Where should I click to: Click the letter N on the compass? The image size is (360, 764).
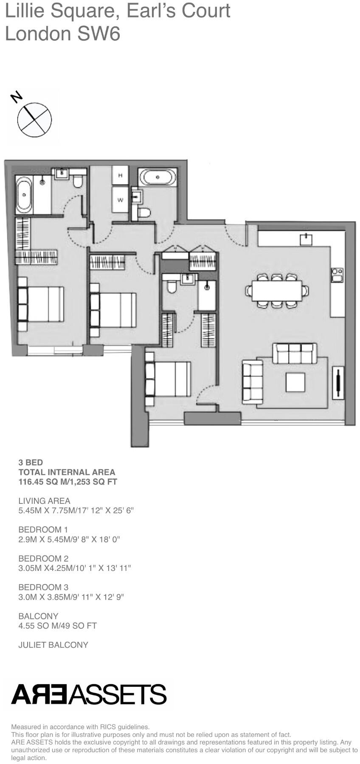coord(17,97)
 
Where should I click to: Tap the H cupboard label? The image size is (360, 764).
coord(121,175)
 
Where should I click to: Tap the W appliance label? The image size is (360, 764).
coord(121,200)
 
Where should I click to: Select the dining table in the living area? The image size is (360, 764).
coord(277,291)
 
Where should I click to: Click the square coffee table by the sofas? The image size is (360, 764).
coord(295,382)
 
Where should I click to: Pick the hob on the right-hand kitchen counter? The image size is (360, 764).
coord(337,275)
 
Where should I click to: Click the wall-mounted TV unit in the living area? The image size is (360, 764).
coord(338,382)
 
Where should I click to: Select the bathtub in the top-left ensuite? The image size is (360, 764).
coord(24,195)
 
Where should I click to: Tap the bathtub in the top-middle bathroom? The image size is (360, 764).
coord(157,177)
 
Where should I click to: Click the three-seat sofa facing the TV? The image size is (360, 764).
coord(295,354)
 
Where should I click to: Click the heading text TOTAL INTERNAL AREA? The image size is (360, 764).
coord(67,472)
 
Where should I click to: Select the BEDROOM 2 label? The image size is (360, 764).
coord(43,559)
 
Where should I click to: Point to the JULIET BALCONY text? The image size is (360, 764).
coord(53,645)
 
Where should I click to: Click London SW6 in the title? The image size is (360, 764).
coord(62,34)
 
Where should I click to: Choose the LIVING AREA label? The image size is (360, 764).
coord(44,501)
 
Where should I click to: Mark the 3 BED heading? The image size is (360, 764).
coord(31,462)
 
